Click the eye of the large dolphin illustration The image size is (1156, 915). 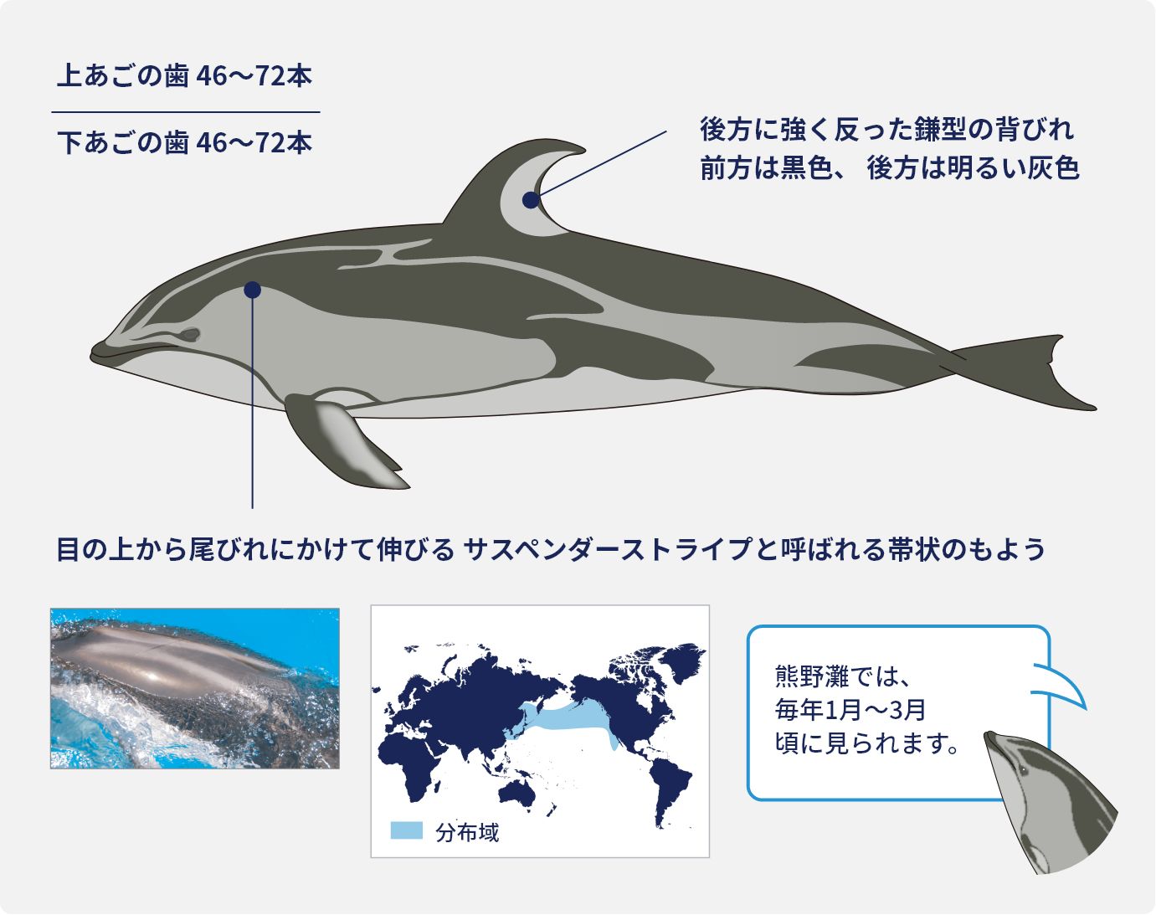point(189,335)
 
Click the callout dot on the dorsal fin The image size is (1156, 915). point(530,200)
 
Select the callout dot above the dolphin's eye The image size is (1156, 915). point(252,290)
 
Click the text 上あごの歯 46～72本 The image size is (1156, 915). point(184,76)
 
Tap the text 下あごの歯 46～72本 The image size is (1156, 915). point(184,143)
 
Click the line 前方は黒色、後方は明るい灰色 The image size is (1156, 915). point(889,168)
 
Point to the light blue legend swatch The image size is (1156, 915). point(407,830)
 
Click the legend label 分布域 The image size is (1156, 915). point(467,832)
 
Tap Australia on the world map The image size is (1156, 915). point(516,791)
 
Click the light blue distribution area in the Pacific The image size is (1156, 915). point(569,718)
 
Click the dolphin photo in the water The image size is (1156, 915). point(194,688)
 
